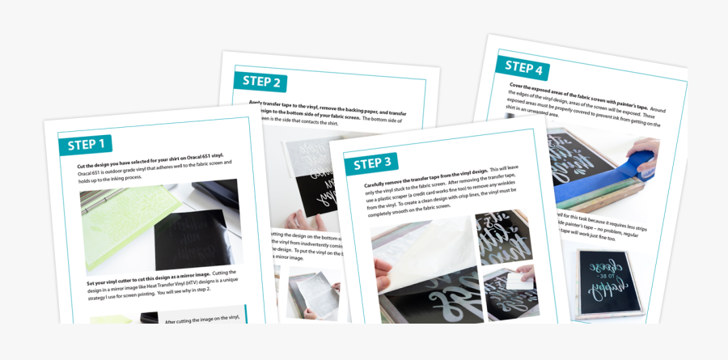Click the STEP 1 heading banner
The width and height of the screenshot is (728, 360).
pos(86,145)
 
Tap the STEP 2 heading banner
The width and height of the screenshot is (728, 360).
pos(262,81)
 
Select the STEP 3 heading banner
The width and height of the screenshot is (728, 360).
pos(371,163)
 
